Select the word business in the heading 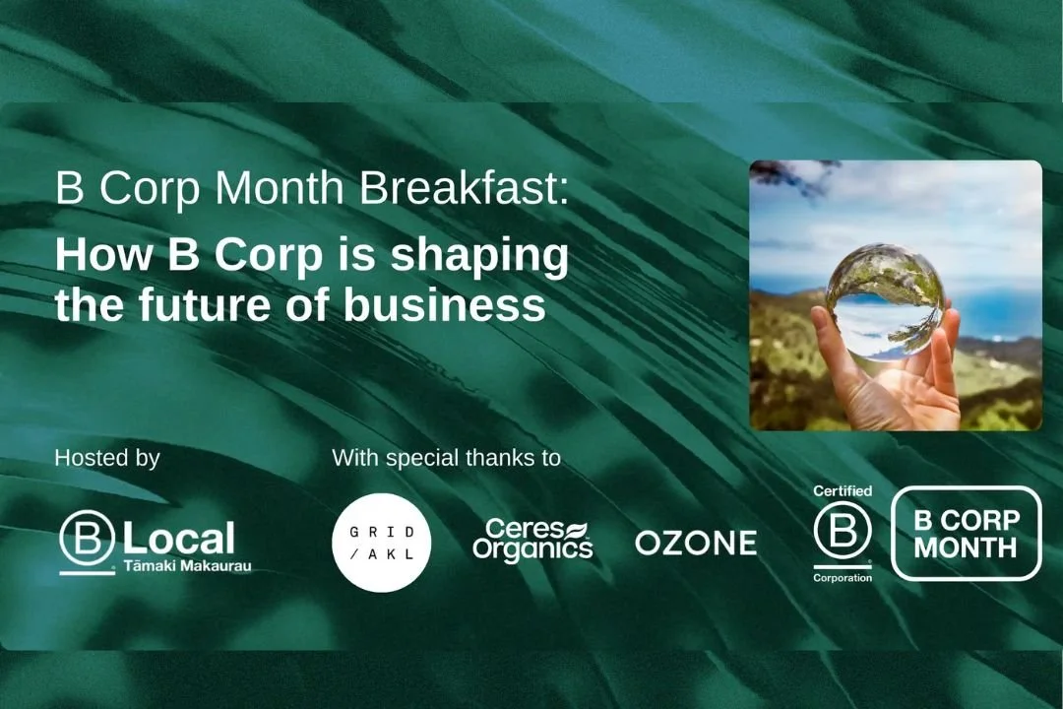[444, 306]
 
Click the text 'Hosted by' [107, 458]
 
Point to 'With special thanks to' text [446, 458]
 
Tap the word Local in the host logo [179, 539]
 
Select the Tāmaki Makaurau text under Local [187, 567]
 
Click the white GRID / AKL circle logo [381, 543]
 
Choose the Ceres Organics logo [532, 541]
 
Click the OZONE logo [696, 543]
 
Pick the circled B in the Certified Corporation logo [843, 532]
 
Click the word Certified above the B [843, 490]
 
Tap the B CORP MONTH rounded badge [966, 533]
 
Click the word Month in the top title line [297, 188]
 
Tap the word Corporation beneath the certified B [843, 578]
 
